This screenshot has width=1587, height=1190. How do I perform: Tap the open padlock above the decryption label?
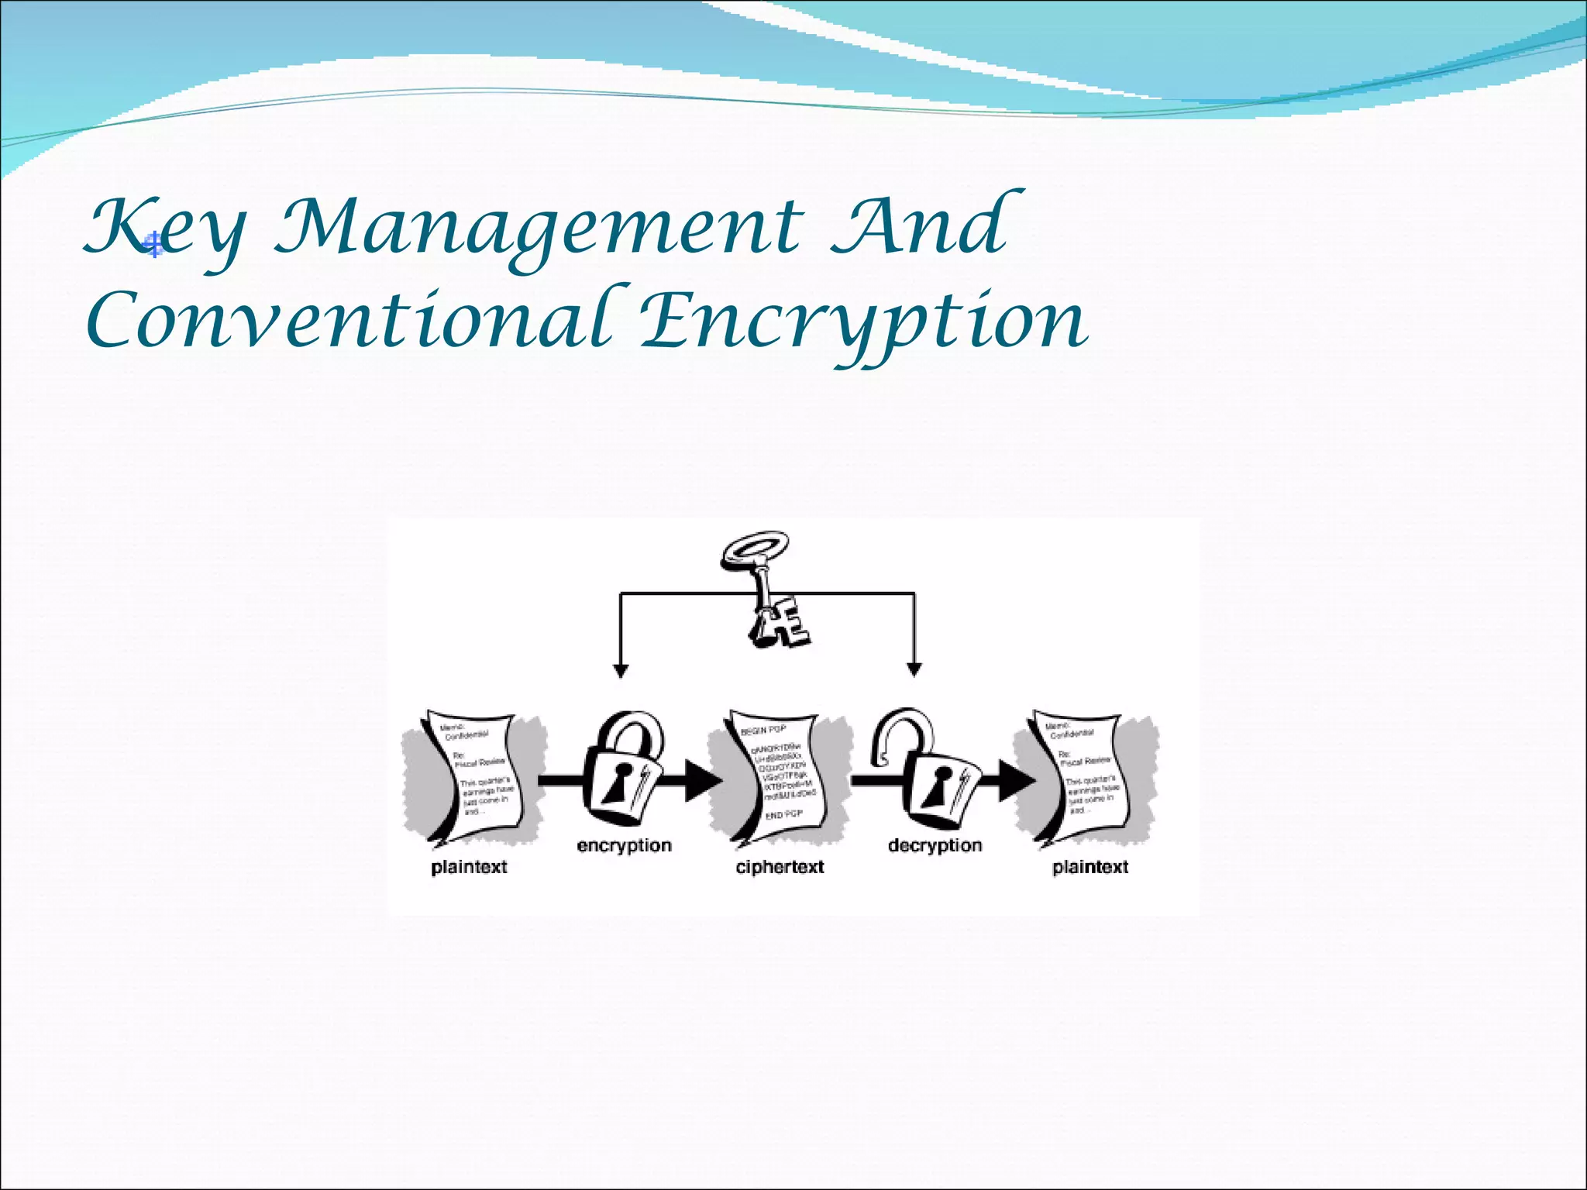click(x=927, y=772)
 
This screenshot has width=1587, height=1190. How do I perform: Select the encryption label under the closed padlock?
click(x=624, y=845)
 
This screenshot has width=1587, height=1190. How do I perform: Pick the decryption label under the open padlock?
click(x=935, y=845)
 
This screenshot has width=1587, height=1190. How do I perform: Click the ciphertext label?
click(x=780, y=867)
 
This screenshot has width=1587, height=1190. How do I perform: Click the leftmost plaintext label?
click(x=469, y=867)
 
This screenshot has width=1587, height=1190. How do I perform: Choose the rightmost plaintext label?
click(x=1090, y=867)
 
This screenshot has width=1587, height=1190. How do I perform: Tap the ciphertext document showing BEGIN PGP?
click(x=780, y=775)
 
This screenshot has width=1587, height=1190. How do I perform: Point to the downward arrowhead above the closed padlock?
click(x=620, y=670)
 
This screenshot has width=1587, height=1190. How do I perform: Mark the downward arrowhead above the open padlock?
click(x=914, y=670)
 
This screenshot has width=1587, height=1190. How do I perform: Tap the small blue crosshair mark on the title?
click(x=155, y=246)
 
